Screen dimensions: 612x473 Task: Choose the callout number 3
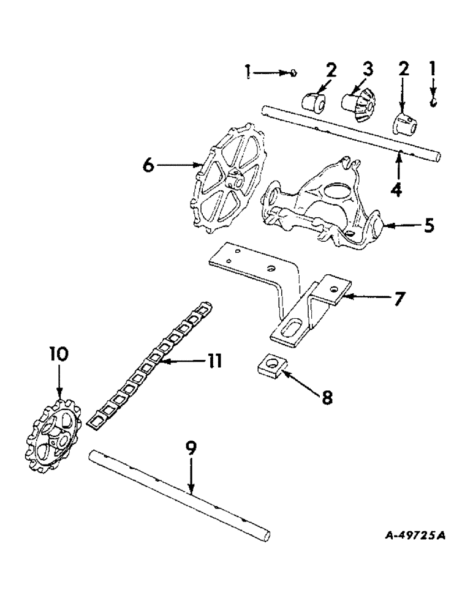click(367, 69)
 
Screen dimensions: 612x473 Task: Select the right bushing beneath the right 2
click(405, 125)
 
